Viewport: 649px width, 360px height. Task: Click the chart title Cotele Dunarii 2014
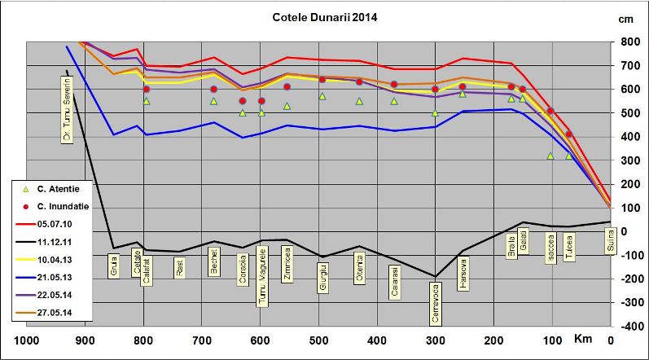[325, 16]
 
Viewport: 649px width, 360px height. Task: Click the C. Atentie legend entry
[56, 187]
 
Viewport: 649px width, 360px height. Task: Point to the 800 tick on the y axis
[629, 42]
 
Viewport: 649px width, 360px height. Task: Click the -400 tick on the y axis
[628, 326]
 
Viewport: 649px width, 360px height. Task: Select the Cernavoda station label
[436, 302]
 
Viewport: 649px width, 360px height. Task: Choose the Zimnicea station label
[287, 267]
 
